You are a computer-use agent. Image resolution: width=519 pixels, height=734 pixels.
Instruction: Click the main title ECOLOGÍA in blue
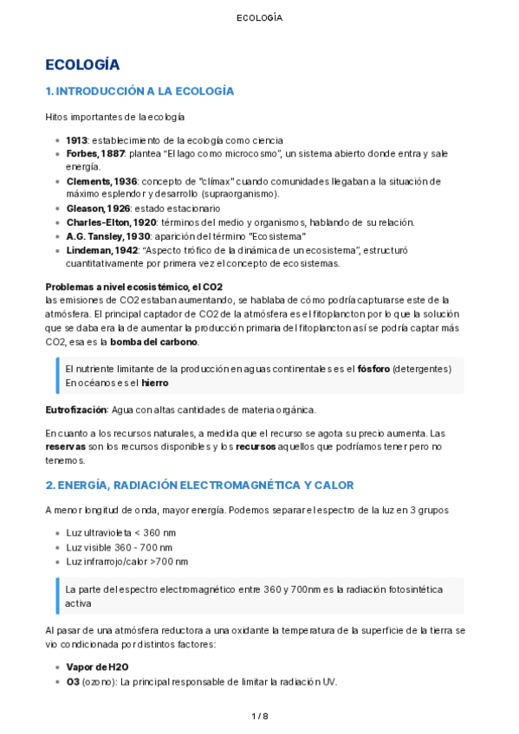point(82,65)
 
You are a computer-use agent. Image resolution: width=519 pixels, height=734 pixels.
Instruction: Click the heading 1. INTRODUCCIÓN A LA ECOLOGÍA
point(139,91)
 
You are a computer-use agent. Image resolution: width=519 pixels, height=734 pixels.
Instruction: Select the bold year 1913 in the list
point(76,140)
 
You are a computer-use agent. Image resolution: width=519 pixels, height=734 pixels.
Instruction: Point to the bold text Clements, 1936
point(101,181)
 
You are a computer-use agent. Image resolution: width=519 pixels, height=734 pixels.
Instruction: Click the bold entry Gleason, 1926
point(98,209)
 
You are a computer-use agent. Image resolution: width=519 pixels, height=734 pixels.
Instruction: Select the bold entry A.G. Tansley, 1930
point(108,236)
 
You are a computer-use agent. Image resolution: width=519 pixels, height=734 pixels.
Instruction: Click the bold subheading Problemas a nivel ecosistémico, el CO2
point(134,287)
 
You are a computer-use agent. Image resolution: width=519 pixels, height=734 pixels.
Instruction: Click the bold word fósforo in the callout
point(373,369)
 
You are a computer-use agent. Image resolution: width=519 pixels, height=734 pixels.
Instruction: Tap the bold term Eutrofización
point(77,409)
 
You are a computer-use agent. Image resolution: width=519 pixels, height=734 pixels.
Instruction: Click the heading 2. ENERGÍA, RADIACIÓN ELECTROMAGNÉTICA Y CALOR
point(199,485)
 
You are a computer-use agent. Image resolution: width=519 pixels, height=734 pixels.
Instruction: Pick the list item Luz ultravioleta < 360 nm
point(120,533)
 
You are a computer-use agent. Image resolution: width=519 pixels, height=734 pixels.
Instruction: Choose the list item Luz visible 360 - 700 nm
point(119,547)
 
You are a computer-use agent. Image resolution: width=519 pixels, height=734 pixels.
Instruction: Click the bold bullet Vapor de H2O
point(97,667)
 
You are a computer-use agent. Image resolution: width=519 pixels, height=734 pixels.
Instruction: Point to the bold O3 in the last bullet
point(72,681)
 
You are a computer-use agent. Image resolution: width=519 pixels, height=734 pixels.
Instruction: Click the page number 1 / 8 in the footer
point(259,717)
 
